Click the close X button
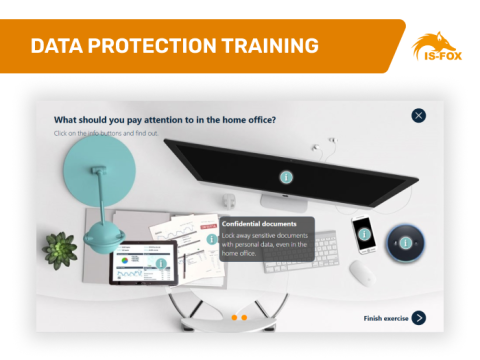pos(419,116)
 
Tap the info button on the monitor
pos(286,178)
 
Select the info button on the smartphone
pos(364,234)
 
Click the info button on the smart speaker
pos(406,242)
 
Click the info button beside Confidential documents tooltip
pos(212,240)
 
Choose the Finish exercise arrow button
pos(419,318)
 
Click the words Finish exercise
pos(386,318)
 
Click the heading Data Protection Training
pos(174,46)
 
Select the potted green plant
pos(62,247)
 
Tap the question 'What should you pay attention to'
pos(165,119)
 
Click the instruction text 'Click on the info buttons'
pos(106,133)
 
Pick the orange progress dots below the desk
pos(239,317)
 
